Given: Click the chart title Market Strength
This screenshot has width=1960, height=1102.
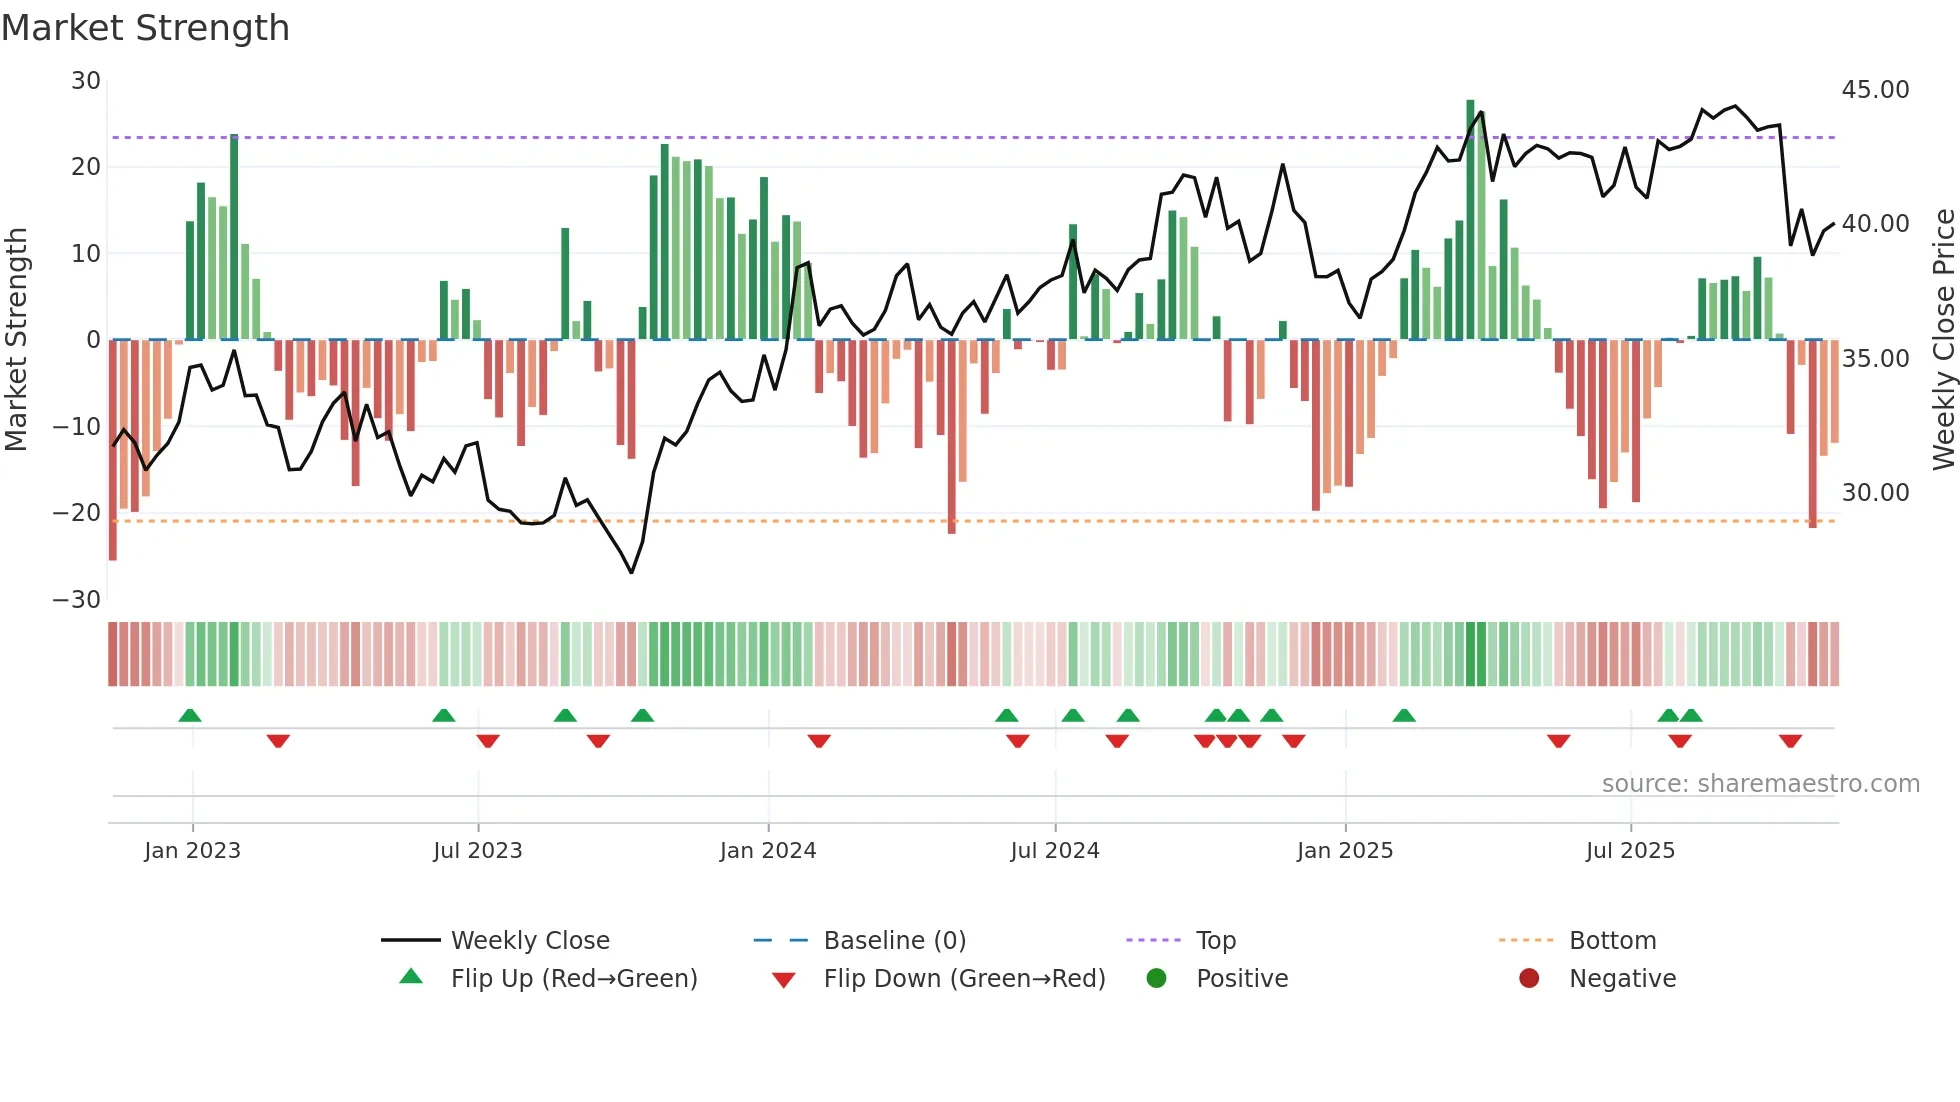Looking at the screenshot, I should pyautogui.click(x=145, y=28).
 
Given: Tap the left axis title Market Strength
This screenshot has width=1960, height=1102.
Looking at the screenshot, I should pyautogui.click(x=17, y=339).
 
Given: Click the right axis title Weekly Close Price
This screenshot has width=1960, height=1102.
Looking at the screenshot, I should pyautogui.click(x=1943, y=339).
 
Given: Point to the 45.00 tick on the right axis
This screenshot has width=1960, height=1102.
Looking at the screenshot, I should pyautogui.click(x=1875, y=90).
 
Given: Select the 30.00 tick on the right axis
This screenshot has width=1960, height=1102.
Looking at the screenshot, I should pyautogui.click(x=1875, y=493).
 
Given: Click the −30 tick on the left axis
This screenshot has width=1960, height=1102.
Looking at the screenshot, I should pyautogui.click(x=77, y=600).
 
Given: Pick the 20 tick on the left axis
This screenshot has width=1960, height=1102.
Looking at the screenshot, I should pyautogui.click(x=86, y=167).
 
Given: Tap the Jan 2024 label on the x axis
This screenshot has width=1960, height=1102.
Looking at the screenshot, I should pyautogui.click(x=768, y=851).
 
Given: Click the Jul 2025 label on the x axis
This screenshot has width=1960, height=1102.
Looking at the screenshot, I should pyautogui.click(x=1630, y=851).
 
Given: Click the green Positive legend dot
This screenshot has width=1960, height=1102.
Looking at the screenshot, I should pyautogui.click(x=1157, y=979).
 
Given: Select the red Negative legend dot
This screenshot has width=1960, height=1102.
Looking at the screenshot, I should pyautogui.click(x=1529, y=979).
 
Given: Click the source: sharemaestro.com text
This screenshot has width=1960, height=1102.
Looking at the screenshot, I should pyautogui.click(x=1760, y=784).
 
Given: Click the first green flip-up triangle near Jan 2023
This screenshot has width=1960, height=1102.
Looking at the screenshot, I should pyautogui.click(x=190, y=715).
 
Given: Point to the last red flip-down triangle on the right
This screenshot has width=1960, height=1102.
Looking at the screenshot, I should pyautogui.click(x=1790, y=741).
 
